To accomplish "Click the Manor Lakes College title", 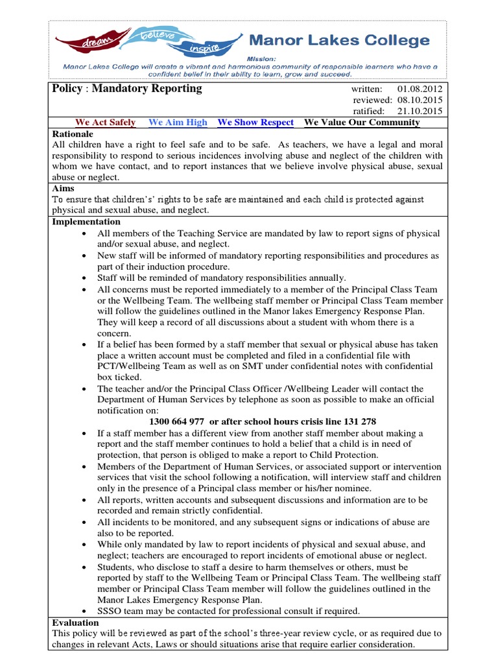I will point(339,41).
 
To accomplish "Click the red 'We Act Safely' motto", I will point(106,123).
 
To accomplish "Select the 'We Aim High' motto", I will point(178,123).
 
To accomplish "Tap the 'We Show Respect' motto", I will point(255,123).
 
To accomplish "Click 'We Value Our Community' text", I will point(361,123).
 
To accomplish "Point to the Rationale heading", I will point(72,134).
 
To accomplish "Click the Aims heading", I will point(63,189).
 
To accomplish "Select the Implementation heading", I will point(86,222).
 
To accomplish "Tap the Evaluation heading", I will point(75,622).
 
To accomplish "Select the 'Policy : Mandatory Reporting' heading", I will point(127,89).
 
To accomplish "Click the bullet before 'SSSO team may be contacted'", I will point(86,611).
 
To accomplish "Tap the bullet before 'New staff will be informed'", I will point(86,256).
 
